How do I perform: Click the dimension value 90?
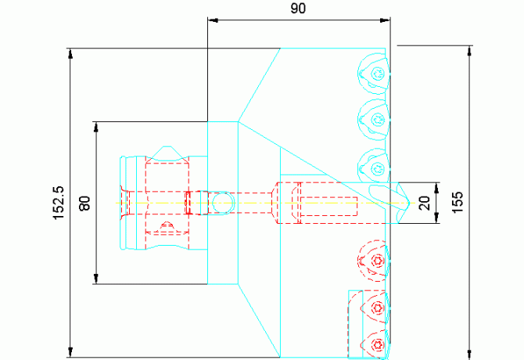[298, 9]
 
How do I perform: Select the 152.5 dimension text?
[59, 203]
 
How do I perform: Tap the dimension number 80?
[85, 203]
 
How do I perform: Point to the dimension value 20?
[425, 203]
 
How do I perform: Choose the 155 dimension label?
[458, 202]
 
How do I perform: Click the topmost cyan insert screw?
[379, 74]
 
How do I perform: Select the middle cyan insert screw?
[379, 120]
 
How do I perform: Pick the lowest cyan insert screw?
[379, 167]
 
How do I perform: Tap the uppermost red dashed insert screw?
[378, 260]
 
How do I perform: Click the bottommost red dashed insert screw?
[378, 344]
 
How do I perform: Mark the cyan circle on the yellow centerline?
[224, 203]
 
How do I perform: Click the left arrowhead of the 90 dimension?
[213, 20]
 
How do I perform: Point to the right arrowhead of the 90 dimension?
[385, 20]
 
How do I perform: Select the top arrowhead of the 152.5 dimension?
[70, 53]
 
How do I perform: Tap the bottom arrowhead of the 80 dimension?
[96, 279]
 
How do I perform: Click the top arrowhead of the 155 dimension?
[470, 51]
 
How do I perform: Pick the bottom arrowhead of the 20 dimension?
[436, 218]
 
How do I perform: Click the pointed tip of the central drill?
[410, 203]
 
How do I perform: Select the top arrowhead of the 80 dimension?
[96, 127]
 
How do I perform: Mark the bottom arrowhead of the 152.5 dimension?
[70, 352]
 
